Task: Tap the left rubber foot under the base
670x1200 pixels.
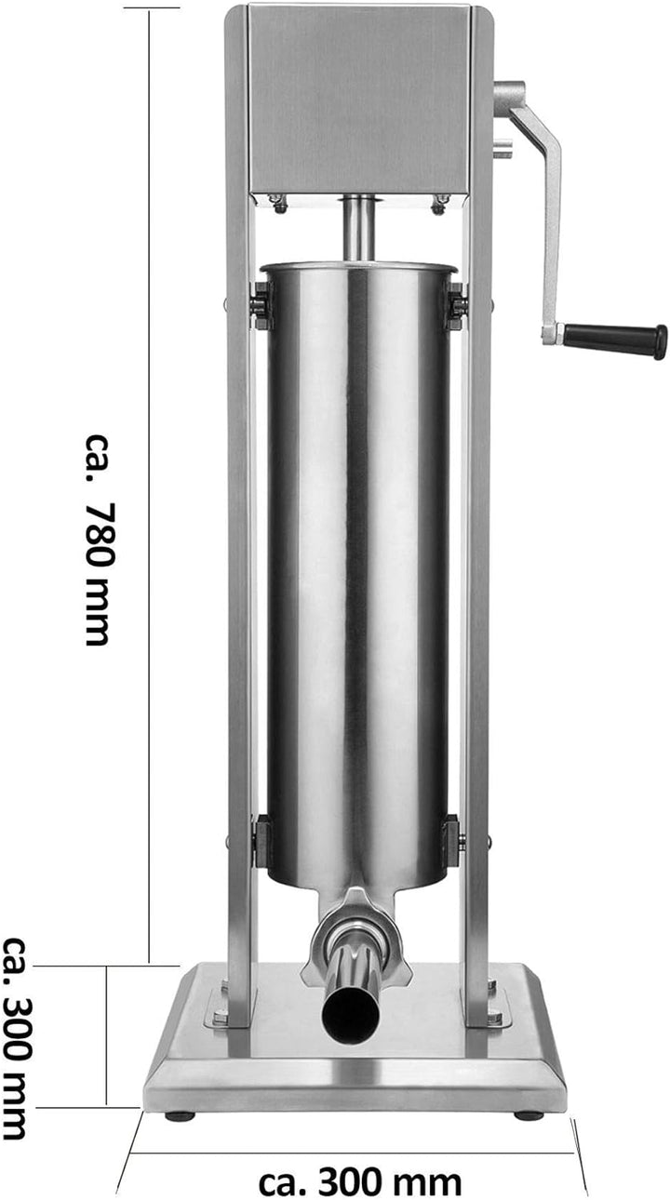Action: click(x=180, y=1115)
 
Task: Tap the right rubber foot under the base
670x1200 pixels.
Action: click(x=528, y=1115)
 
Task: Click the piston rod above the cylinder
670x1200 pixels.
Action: click(x=358, y=228)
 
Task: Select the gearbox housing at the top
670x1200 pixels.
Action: click(x=359, y=98)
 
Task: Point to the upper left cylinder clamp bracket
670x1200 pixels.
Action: click(x=261, y=305)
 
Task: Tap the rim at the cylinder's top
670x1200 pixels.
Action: click(x=359, y=268)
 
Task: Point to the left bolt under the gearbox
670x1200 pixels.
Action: click(x=277, y=202)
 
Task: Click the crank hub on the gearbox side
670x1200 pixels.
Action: click(x=509, y=98)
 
